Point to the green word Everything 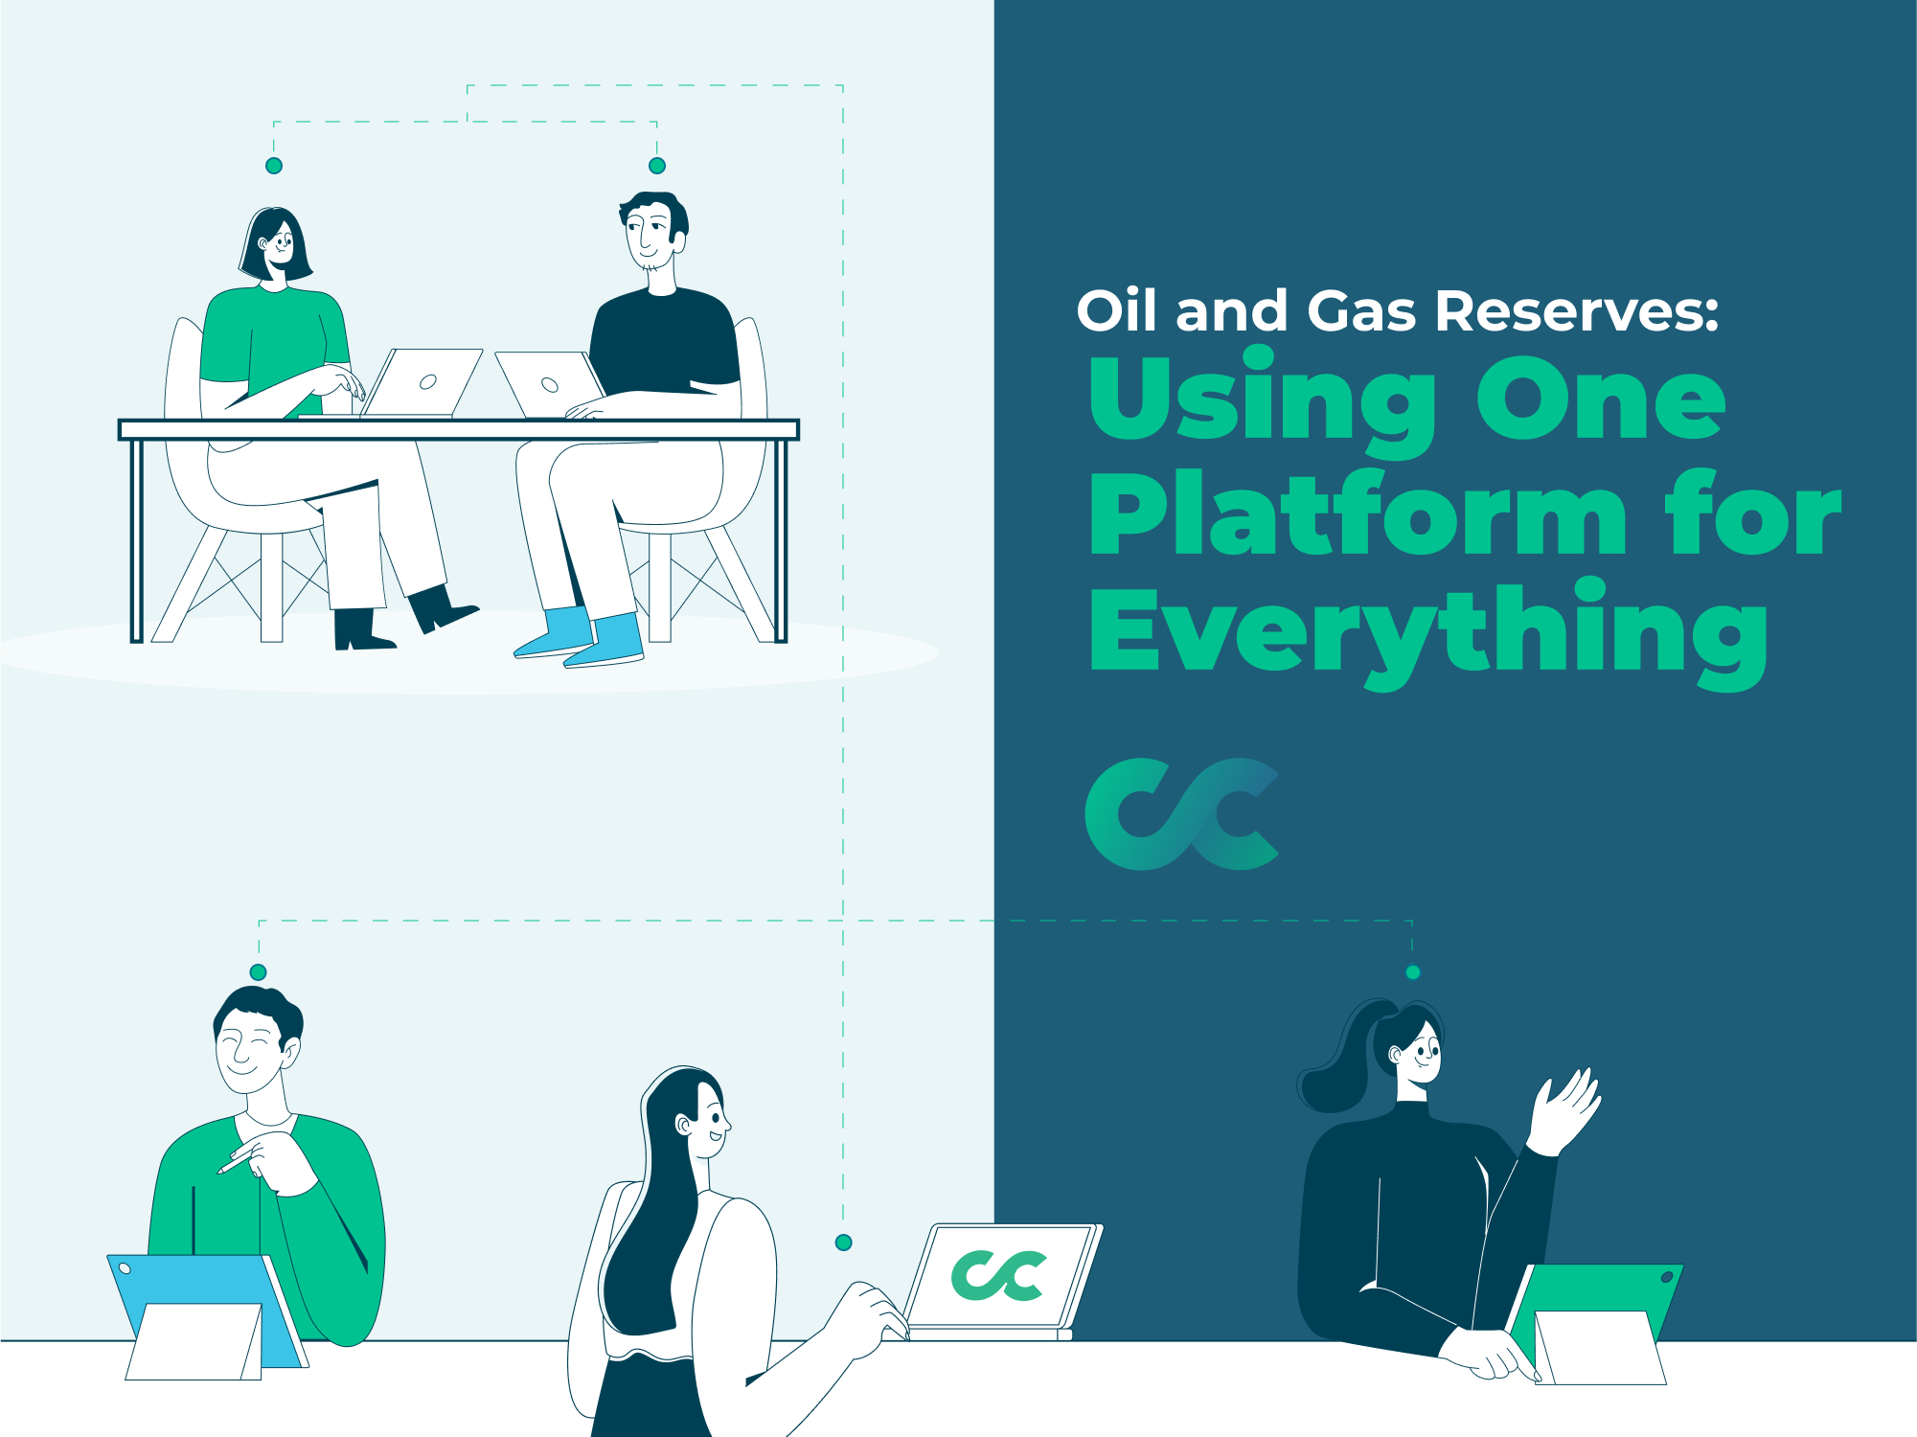point(1428,633)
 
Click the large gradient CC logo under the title point(1181,814)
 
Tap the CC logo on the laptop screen point(998,1275)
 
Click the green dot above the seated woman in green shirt point(274,166)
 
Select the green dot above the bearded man point(657,166)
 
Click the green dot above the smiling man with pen point(258,972)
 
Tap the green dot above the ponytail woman point(1413,972)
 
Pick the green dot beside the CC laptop point(844,1243)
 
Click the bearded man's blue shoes point(581,637)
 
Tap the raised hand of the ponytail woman point(1563,1111)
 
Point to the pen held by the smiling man point(236,1161)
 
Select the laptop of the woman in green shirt point(422,383)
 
